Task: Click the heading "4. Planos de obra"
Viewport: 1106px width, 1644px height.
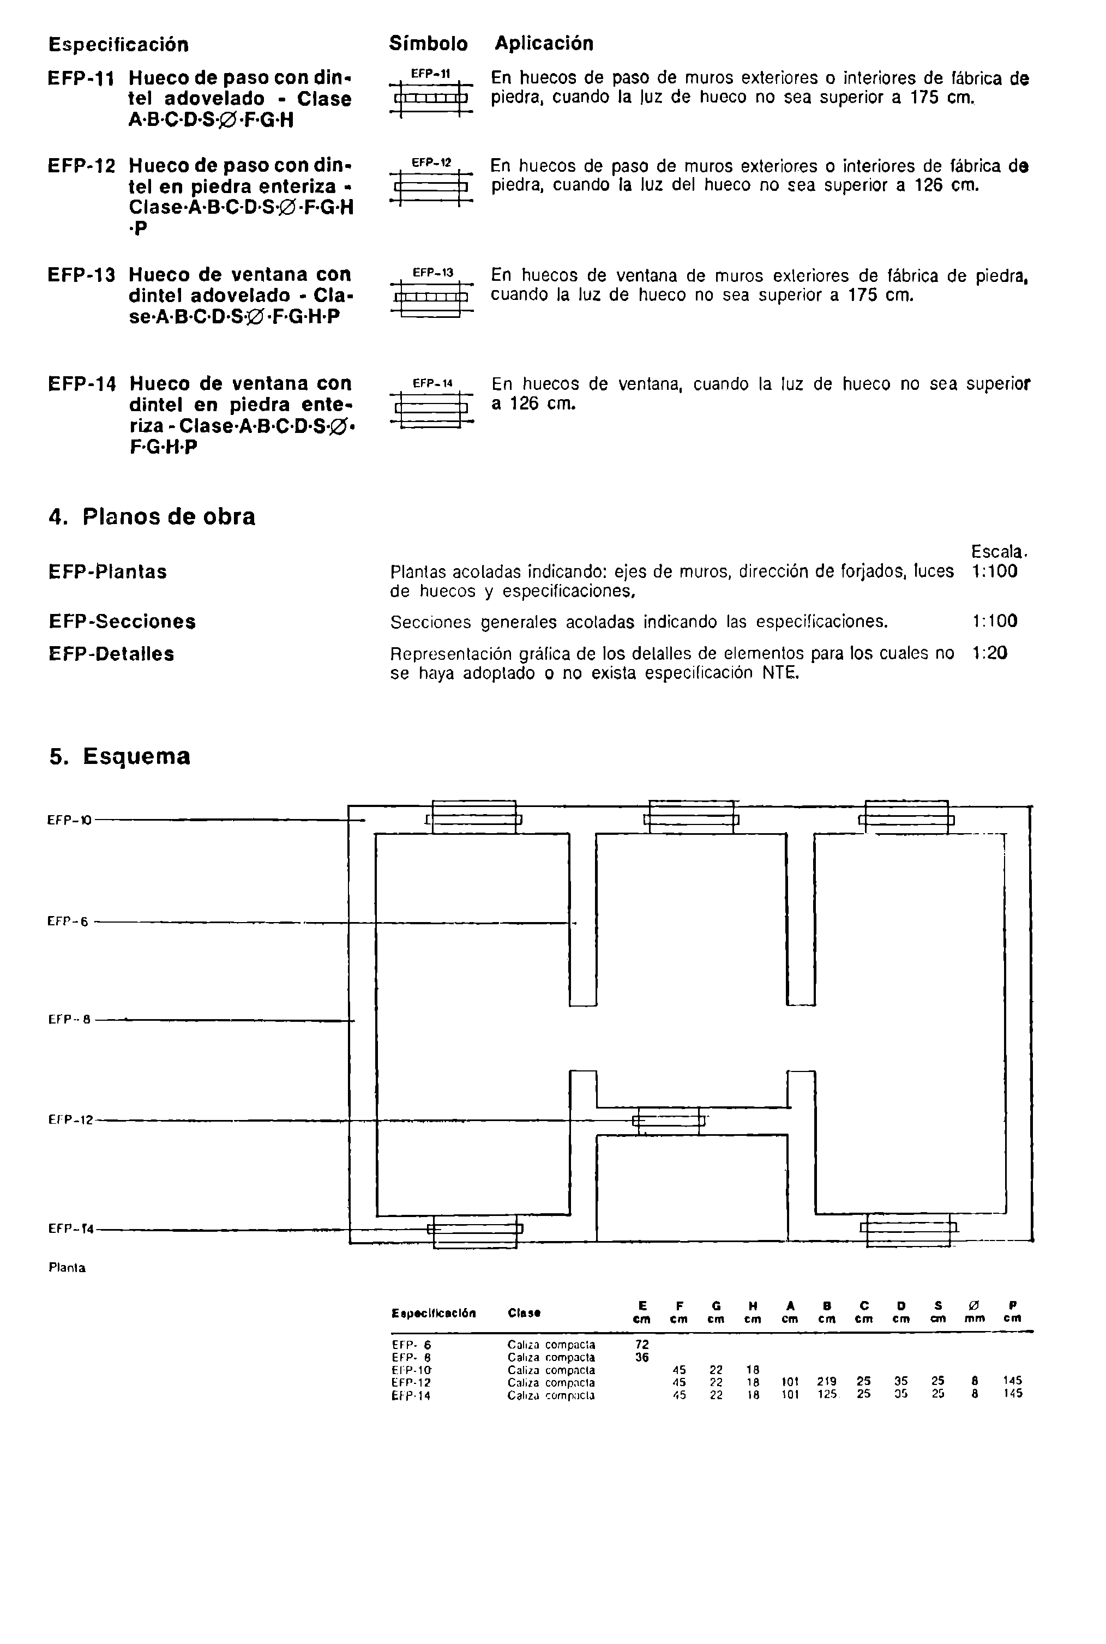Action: (x=152, y=516)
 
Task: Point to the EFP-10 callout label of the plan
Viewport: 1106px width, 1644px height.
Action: (x=69, y=820)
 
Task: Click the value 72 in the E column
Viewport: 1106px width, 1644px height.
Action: (x=642, y=1345)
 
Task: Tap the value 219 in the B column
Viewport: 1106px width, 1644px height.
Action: (x=827, y=1382)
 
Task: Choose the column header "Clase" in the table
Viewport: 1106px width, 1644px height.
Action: (x=524, y=1313)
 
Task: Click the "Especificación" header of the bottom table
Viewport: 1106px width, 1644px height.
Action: (x=433, y=1313)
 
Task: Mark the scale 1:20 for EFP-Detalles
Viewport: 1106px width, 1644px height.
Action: (x=989, y=654)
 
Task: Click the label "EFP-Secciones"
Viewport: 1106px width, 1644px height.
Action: (x=122, y=622)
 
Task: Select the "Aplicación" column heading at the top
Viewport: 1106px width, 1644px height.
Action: (x=544, y=44)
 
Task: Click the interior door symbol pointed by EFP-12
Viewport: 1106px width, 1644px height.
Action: (x=668, y=1121)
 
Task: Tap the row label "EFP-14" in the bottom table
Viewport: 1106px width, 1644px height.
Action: (x=411, y=1394)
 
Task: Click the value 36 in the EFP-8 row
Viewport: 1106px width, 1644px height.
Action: (x=642, y=1357)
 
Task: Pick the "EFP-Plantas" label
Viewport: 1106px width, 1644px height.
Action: (x=107, y=571)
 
